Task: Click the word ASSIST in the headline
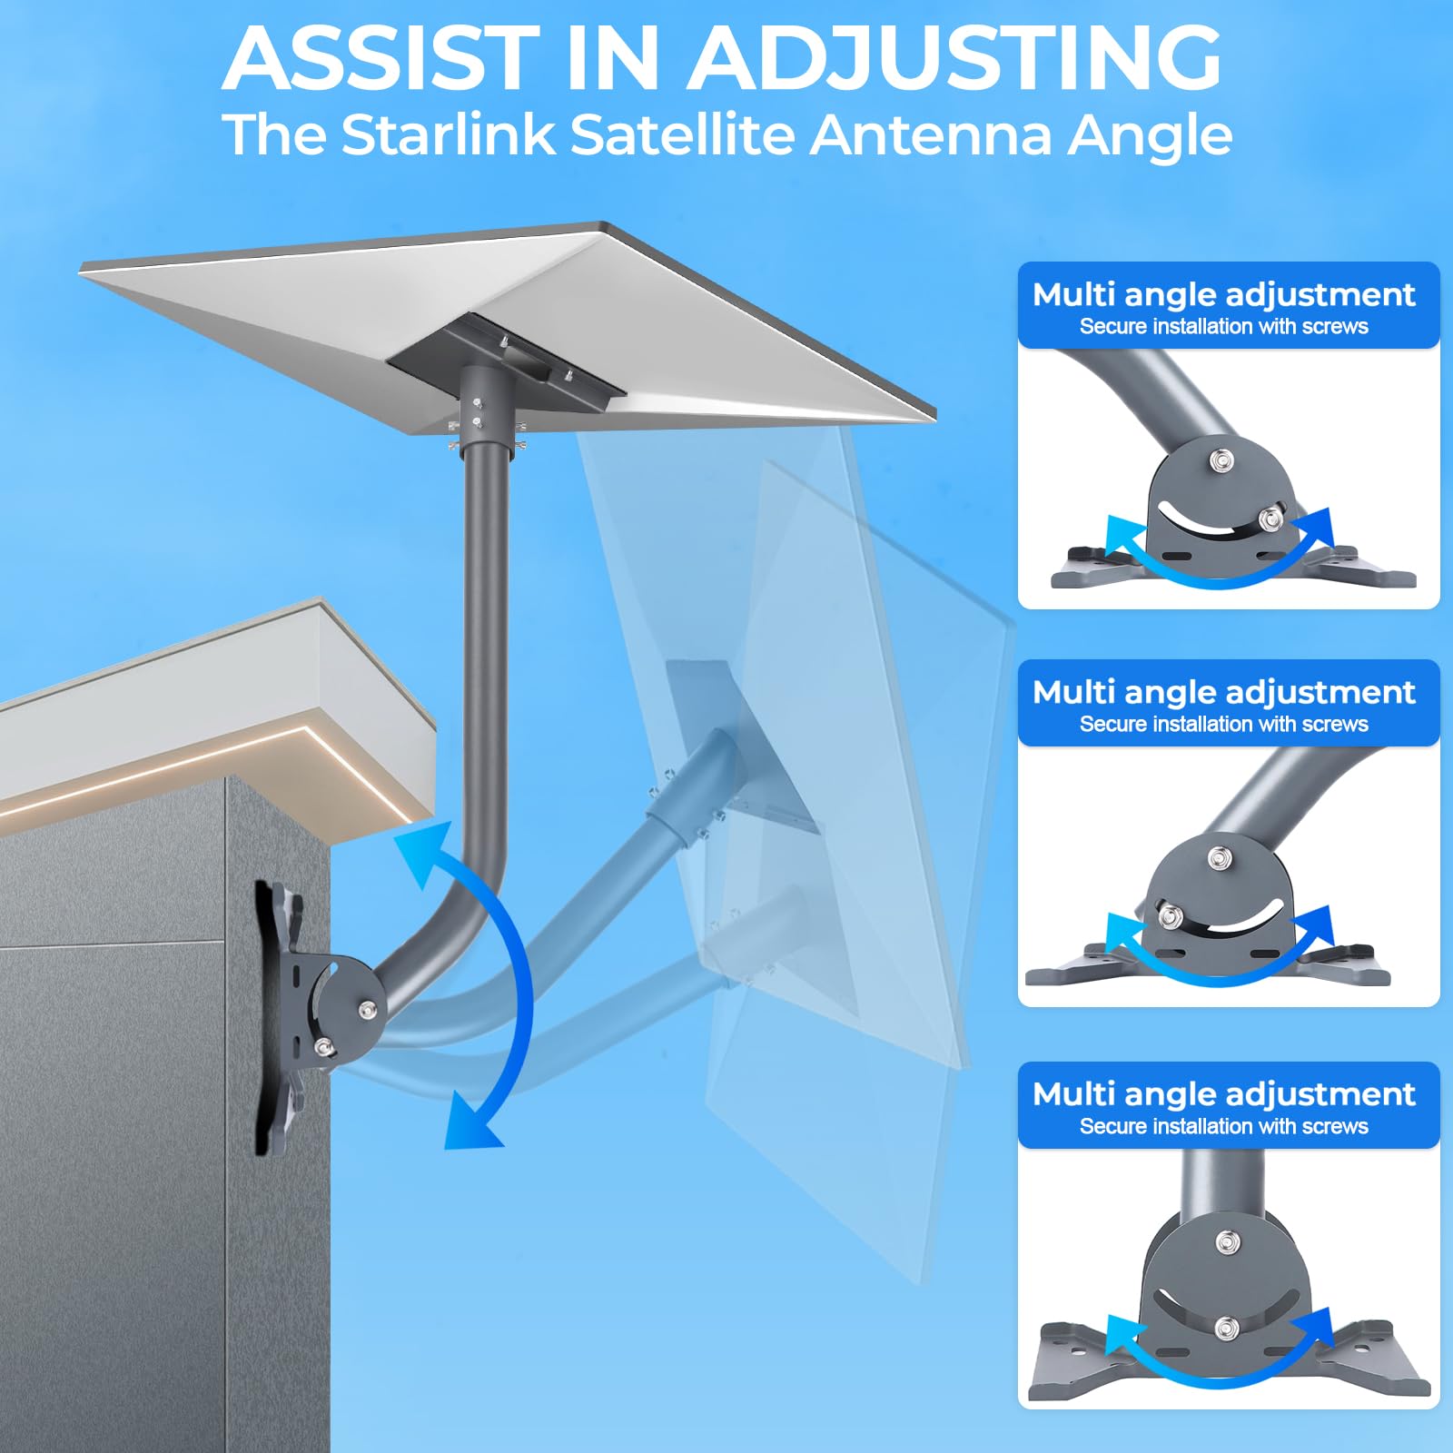point(381,59)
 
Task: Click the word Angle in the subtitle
point(1149,135)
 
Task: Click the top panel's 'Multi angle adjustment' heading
point(1223,294)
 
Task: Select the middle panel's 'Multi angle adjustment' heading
point(1223,692)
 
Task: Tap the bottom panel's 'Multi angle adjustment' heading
point(1223,1093)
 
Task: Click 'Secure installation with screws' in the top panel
point(1223,327)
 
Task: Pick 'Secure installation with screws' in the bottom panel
point(1223,1127)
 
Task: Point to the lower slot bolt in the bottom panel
point(1226,1328)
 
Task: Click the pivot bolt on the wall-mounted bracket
point(368,1010)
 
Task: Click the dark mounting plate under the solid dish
point(505,354)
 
